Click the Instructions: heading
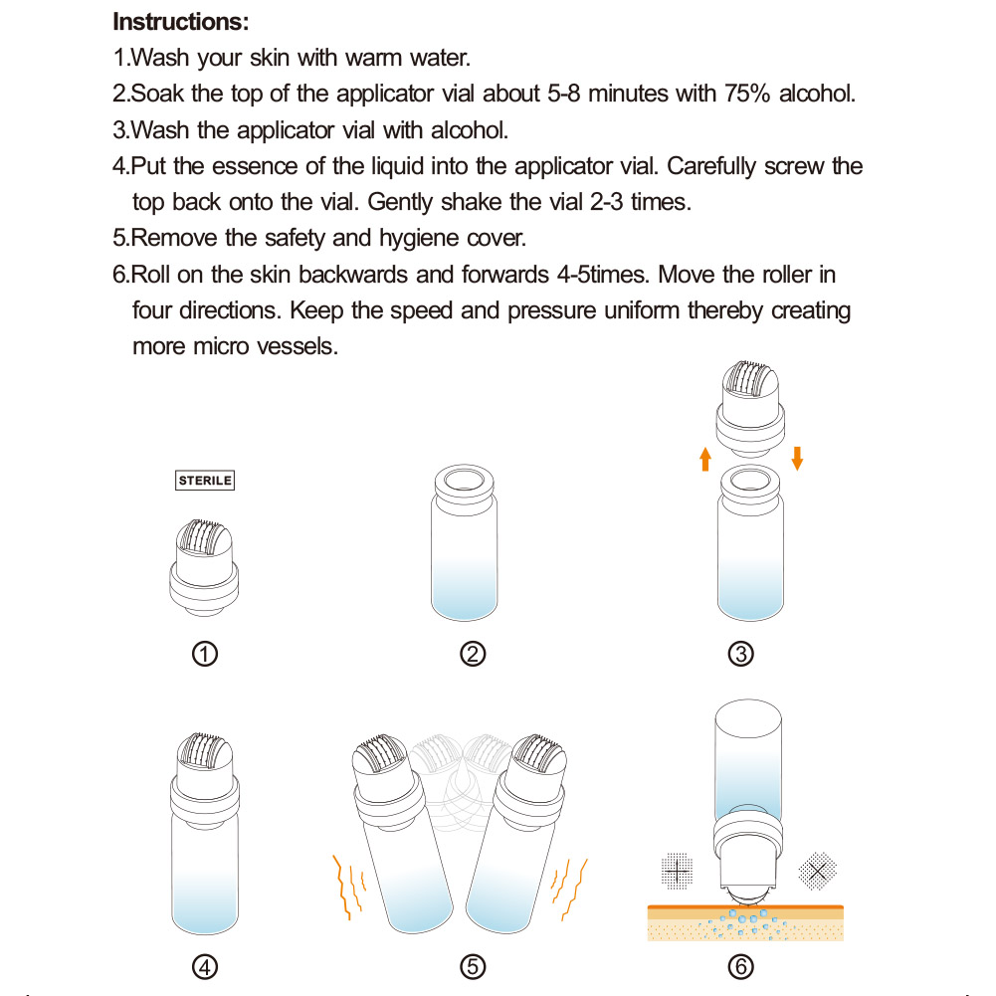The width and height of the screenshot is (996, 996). (181, 21)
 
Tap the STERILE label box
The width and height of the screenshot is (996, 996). (205, 481)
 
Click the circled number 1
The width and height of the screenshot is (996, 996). (205, 654)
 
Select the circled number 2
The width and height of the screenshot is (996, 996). (473, 654)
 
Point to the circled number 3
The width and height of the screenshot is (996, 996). (740, 654)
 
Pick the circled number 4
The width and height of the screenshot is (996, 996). (205, 966)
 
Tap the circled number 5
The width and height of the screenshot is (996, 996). (473, 966)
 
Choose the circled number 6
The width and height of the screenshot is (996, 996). (740, 966)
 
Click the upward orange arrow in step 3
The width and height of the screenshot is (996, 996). (704, 459)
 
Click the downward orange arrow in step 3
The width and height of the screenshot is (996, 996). (797, 459)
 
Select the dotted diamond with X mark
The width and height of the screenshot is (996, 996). (818, 871)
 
